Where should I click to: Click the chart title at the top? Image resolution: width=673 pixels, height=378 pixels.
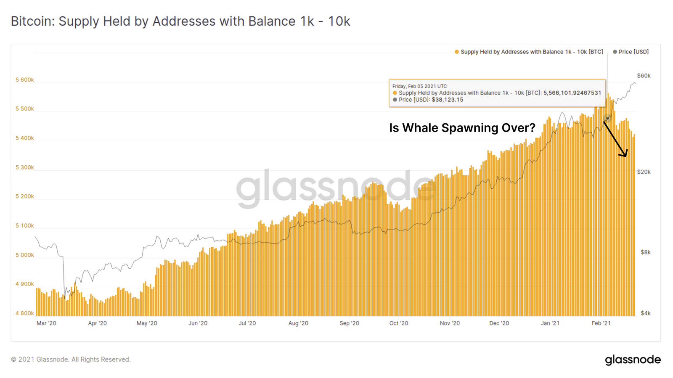click(180, 21)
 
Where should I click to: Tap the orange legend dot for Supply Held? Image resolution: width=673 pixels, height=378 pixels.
click(457, 52)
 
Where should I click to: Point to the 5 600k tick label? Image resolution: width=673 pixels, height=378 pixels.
click(25, 80)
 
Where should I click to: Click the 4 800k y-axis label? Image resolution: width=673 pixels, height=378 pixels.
click(25, 313)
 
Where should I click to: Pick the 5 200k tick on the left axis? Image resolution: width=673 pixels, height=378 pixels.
click(25, 196)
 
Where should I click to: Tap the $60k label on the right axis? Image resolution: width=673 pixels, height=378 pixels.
click(644, 76)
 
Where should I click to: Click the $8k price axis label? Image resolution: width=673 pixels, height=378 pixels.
click(645, 252)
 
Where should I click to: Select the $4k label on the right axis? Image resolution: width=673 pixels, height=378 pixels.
click(645, 313)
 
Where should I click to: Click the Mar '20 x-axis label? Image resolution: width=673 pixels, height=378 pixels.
click(46, 323)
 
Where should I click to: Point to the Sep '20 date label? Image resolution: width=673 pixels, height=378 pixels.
click(349, 323)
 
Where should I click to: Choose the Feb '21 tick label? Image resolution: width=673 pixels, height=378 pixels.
click(601, 323)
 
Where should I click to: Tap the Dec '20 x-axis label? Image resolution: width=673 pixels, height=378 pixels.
click(499, 323)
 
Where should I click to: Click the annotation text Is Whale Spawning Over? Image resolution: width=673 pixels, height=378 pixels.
click(462, 128)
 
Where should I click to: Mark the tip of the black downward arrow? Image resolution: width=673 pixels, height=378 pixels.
click(625, 156)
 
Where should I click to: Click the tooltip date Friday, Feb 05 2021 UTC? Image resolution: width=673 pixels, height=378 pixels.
click(419, 86)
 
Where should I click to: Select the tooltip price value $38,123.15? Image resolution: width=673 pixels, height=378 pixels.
click(447, 100)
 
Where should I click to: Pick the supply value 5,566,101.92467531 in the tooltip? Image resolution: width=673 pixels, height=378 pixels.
click(572, 93)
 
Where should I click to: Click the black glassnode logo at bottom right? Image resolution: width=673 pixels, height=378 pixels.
click(633, 360)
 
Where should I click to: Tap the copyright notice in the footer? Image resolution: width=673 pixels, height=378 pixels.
click(71, 359)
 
